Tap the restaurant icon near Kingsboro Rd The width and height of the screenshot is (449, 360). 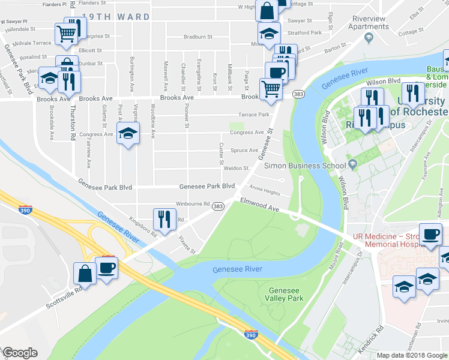[x=164, y=218]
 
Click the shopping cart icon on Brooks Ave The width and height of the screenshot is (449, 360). [x=271, y=89]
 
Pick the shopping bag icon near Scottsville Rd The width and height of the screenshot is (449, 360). [x=85, y=273]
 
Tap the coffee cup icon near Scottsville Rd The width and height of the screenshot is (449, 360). [x=106, y=267]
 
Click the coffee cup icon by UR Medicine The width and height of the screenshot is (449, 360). [x=430, y=233]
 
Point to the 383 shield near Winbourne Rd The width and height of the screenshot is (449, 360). [x=218, y=206]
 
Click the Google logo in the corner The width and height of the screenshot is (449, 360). [x=20, y=353]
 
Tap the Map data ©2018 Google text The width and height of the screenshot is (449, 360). [x=411, y=355]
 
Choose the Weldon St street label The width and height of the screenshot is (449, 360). [x=236, y=169]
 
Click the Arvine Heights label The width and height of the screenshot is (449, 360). [x=265, y=193]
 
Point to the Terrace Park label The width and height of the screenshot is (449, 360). [x=255, y=114]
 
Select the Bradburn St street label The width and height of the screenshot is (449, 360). [x=198, y=37]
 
